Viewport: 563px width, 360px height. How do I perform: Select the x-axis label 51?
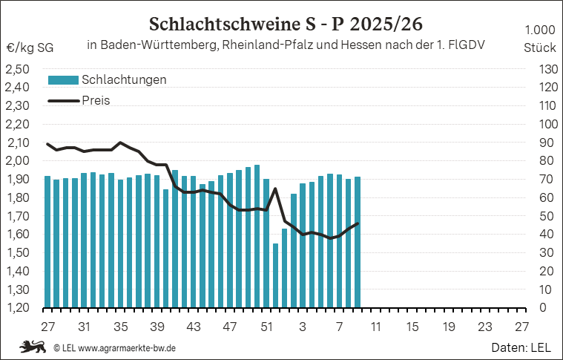266,327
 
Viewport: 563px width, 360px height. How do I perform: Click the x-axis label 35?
120,327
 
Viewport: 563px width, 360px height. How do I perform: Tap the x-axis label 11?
375,327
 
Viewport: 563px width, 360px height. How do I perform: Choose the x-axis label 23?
484,327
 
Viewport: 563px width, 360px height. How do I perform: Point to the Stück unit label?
539,47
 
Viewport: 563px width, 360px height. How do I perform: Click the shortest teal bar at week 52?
275,275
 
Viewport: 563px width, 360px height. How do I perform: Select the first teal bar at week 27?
47,241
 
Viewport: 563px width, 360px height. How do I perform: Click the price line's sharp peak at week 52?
275,189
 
